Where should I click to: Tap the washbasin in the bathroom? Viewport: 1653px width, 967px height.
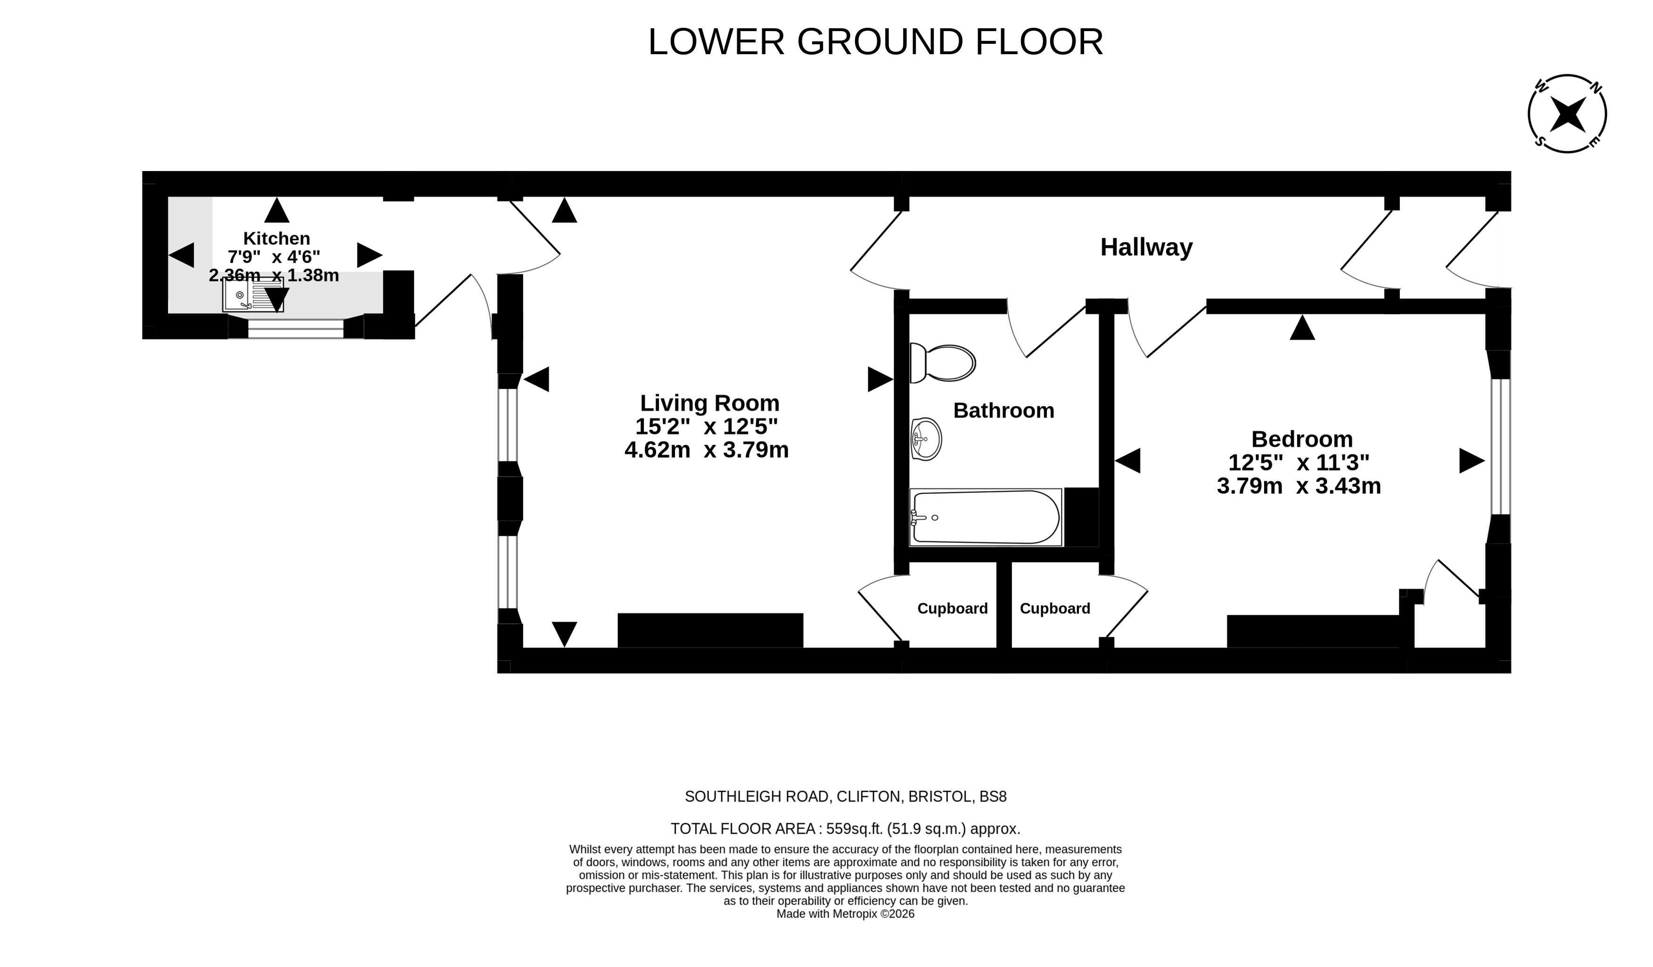tap(926, 439)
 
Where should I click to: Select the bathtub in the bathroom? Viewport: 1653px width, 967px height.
tap(985, 517)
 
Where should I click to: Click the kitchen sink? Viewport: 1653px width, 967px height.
tap(253, 295)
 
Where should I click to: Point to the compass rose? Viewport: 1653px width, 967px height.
tap(1567, 114)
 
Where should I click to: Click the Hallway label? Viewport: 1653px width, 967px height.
tap(1146, 247)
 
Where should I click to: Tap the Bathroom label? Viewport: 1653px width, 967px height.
tap(1003, 410)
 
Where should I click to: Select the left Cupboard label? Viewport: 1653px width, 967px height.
tap(953, 609)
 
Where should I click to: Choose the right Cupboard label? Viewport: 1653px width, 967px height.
tap(1055, 609)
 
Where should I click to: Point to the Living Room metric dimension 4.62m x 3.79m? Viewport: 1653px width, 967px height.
tap(707, 450)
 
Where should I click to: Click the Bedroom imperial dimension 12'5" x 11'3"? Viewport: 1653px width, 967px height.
tap(1299, 462)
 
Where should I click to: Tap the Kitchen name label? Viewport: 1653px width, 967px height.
tap(277, 238)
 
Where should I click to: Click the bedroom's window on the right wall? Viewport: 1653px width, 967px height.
tap(1501, 447)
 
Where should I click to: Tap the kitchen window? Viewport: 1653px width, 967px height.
tap(296, 328)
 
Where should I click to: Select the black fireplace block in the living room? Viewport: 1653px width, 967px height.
tap(710, 631)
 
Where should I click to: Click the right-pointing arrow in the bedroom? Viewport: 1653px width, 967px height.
tap(1472, 460)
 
